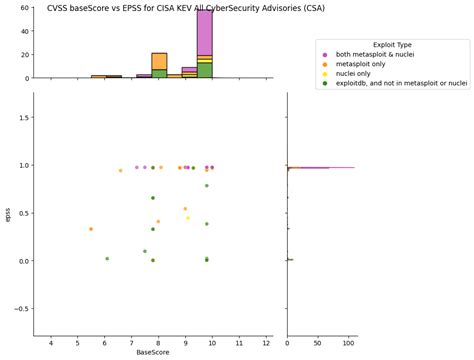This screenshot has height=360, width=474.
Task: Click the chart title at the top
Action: (186, 8)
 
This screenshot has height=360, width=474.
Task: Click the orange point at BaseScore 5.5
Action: (91, 229)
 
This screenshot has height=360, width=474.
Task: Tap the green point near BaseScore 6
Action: (107, 258)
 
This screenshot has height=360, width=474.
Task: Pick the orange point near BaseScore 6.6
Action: (121, 170)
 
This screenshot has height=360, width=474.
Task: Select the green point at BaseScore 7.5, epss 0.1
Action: (145, 251)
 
